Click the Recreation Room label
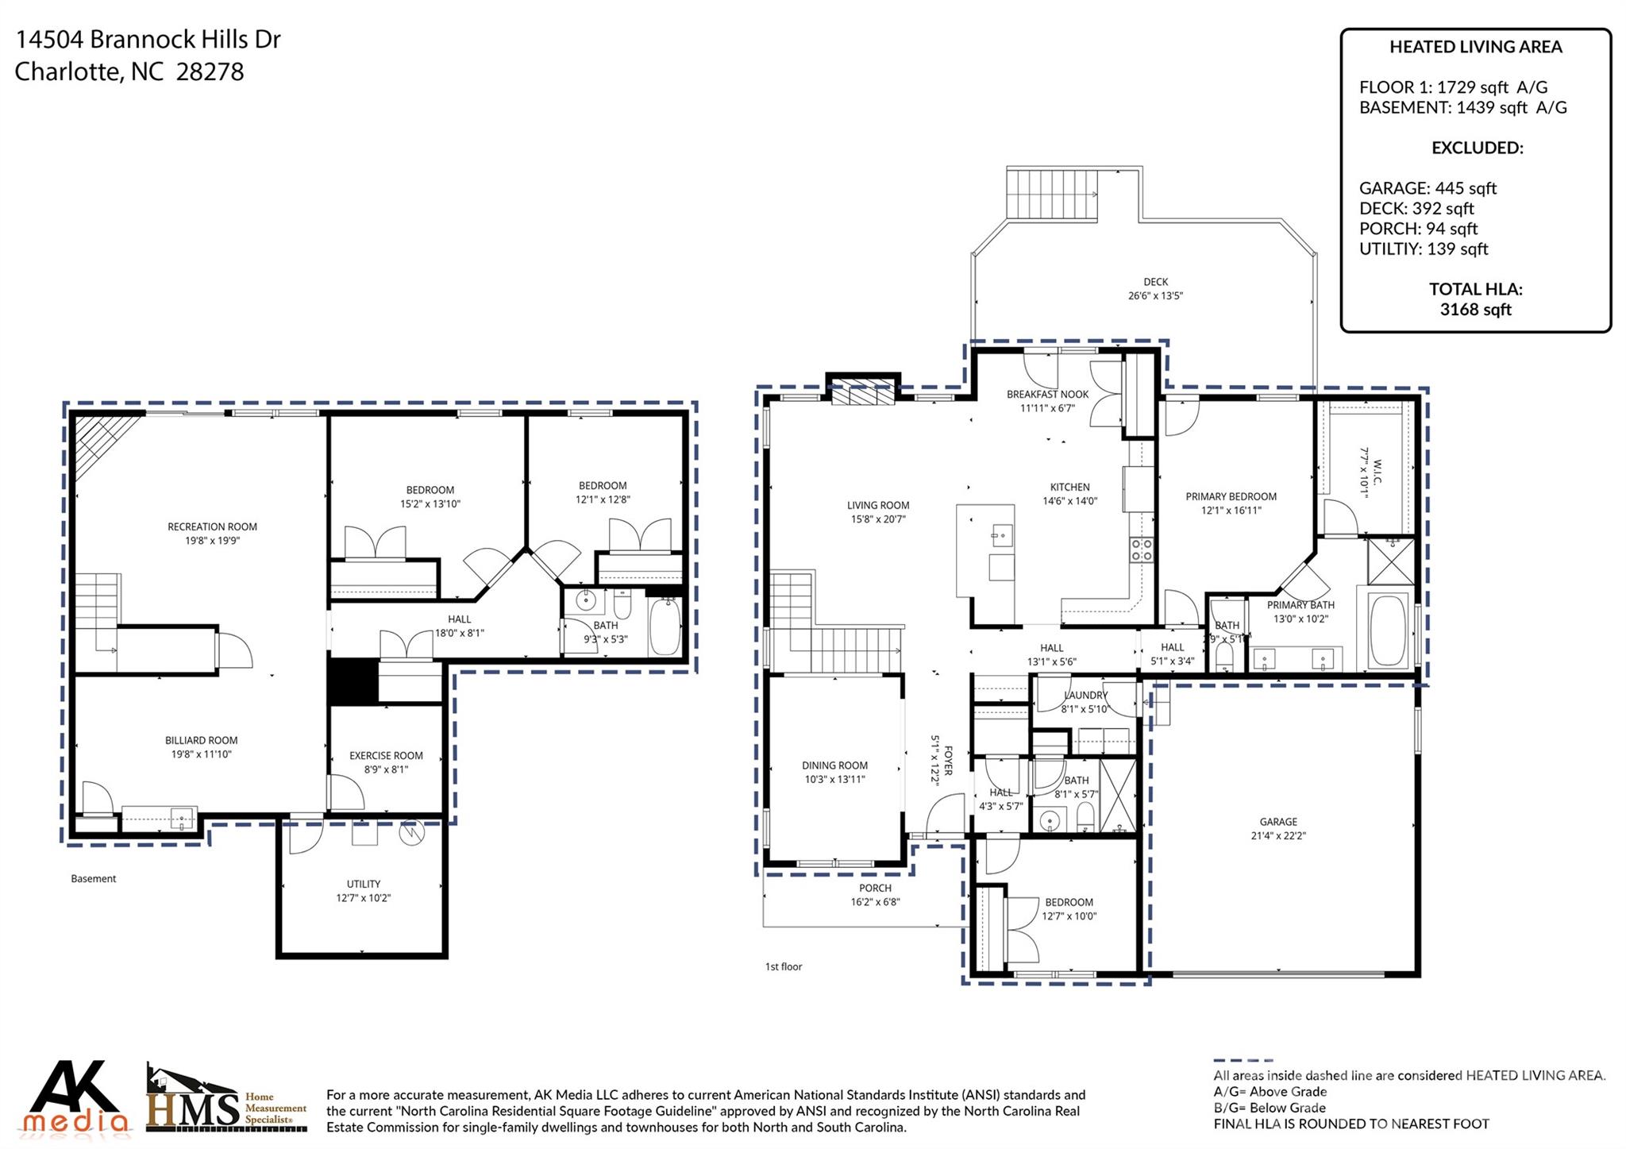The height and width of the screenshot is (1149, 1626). pos(212,526)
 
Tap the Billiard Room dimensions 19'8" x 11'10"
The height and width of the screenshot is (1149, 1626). pos(202,754)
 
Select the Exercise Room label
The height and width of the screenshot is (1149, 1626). pos(386,755)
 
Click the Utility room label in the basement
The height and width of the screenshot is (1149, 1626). pos(363,884)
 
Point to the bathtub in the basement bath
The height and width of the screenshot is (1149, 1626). pos(665,627)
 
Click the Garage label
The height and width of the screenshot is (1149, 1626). pos(1277,822)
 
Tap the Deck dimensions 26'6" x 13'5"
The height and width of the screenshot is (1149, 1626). pos(1155,296)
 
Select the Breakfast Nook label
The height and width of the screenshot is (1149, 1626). pos(1047,394)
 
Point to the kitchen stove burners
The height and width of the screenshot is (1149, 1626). pos(1141,549)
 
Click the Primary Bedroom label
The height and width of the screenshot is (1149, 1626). pos(1231,496)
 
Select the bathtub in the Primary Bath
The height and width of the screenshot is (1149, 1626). pos(1388,630)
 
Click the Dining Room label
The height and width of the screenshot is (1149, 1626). pos(834,765)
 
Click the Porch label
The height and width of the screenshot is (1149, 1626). pos(875,888)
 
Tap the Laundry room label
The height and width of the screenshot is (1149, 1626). pos(1085,696)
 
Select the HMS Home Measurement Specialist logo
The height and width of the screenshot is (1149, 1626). pos(226,1099)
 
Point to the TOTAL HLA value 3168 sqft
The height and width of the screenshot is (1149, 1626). pos(1475,310)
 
